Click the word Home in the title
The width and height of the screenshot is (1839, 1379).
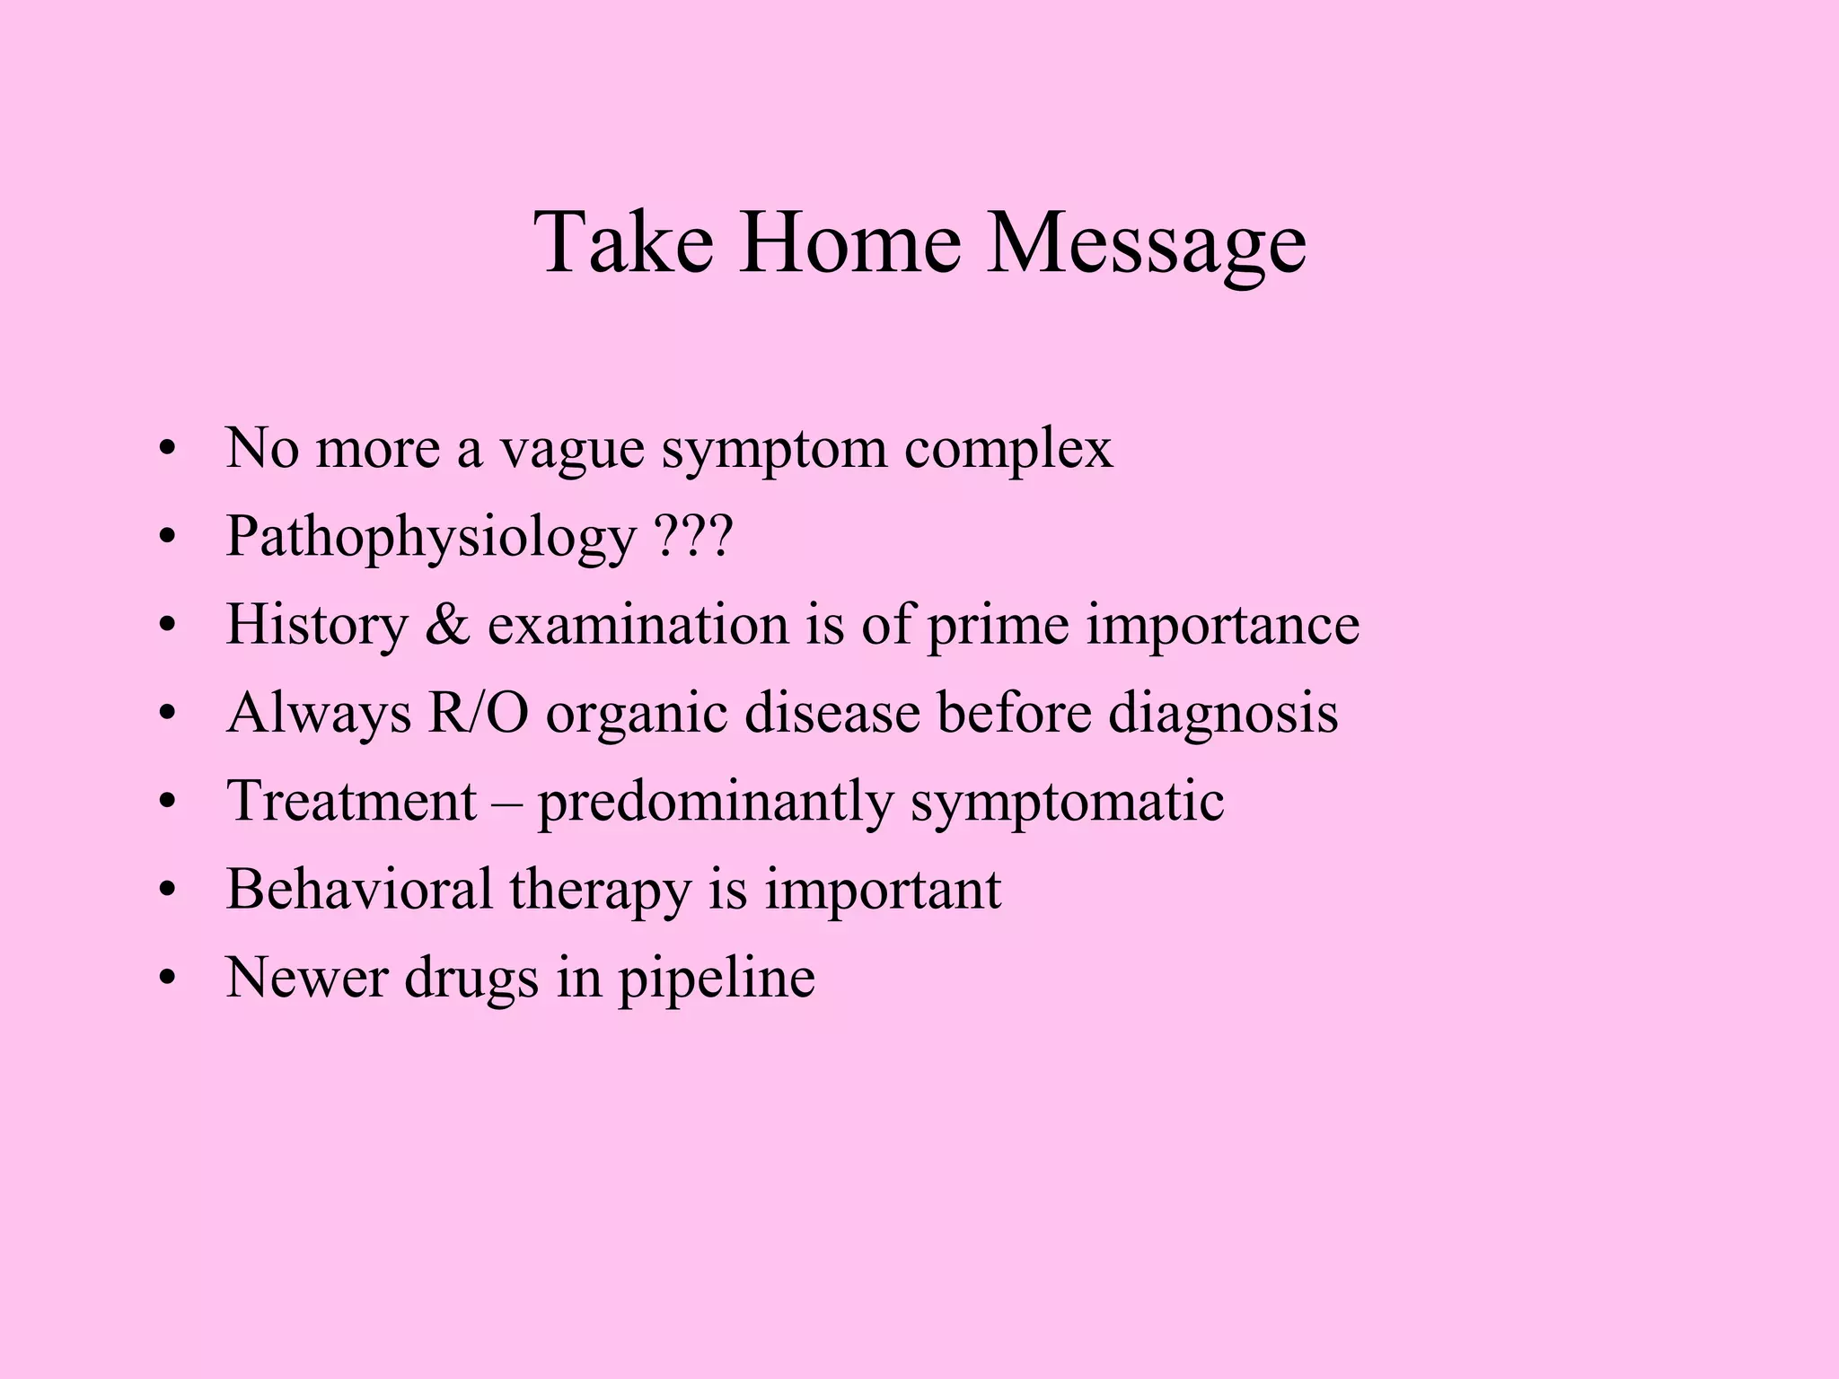849,242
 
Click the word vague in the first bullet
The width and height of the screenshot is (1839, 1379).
572,449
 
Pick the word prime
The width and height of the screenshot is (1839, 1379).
998,625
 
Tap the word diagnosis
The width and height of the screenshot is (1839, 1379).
1223,713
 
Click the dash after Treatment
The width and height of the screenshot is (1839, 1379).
506,801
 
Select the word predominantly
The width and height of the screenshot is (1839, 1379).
715,801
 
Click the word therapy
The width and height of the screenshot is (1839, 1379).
600,891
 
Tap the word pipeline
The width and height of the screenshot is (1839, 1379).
716,979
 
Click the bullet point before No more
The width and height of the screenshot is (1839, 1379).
165,451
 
